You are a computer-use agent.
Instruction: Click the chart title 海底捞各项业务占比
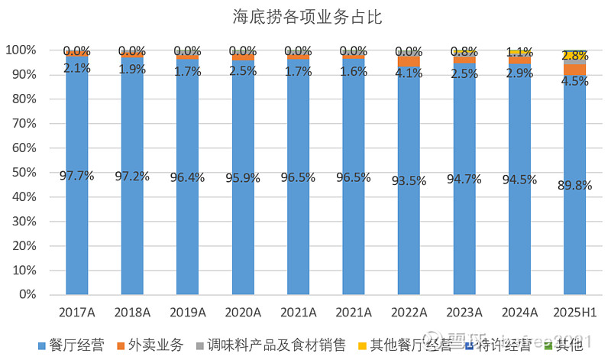pyautogui.click(x=308, y=17)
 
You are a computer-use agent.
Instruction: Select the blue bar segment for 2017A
pyautogui.click(x=76, y=229)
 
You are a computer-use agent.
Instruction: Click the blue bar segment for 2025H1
pyautogui.click(x=574, y=229)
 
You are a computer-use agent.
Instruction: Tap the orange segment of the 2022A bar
pyautogui.click(x=409, y=61)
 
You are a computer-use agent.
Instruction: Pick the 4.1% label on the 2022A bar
pyautogui.click(x=409, y=74)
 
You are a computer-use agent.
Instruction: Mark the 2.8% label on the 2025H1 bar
pyautogui.click(x=574, y=56)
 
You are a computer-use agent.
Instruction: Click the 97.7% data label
pyautogui.click(x=76, y=175)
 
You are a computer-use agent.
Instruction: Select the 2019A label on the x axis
pyautogui.click(x=187, y=313)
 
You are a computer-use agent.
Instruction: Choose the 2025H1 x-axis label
pyautogui.click(x=574, y=313)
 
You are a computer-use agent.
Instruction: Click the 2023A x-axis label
pyautogui.click(x=464, y=313)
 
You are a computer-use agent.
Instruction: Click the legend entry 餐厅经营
pyautogui.click(x=72, y=345)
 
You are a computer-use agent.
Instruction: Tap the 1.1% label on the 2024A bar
pyautogui.click(x=519, y=53)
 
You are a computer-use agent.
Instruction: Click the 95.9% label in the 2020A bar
pyautogui.click(x=242, y=177)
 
